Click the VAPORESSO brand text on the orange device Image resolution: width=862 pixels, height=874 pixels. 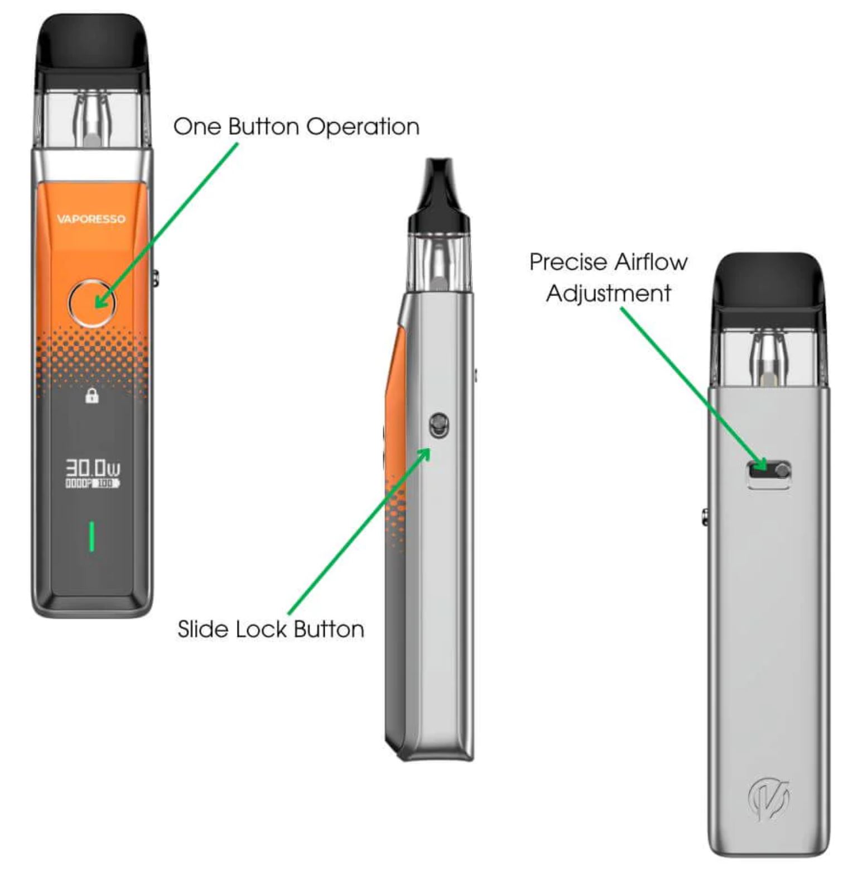point(91,219)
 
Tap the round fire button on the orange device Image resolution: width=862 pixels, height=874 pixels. point(92,303)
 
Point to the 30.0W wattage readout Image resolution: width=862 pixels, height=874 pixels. point(93,468)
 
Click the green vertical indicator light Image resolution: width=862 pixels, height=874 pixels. point(92,537)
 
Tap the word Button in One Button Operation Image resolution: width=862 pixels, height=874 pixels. point(263,127)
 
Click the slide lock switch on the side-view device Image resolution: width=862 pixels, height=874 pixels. point(439,426)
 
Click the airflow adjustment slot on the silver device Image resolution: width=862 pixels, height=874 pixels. point(769,471)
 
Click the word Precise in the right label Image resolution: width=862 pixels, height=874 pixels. point(569,262)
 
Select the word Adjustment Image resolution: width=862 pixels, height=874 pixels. point(608,293)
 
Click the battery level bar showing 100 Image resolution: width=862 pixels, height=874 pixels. point(105,484)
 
